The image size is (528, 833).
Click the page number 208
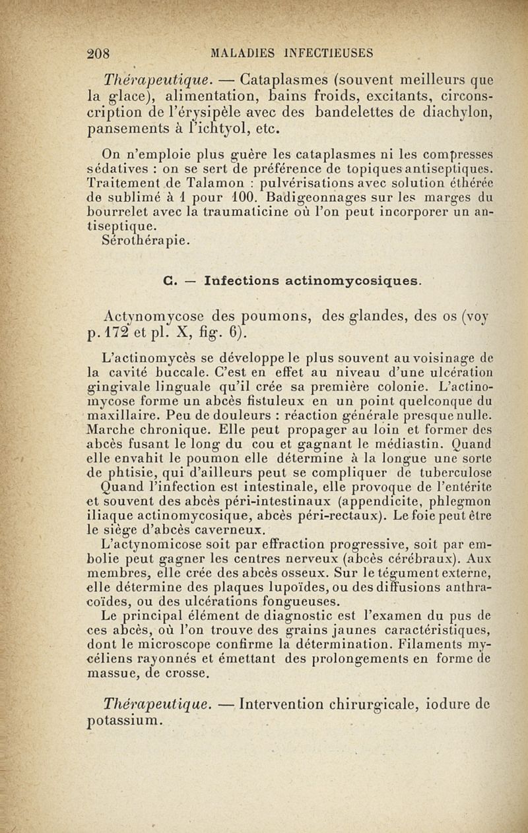[x=102, y=53]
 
